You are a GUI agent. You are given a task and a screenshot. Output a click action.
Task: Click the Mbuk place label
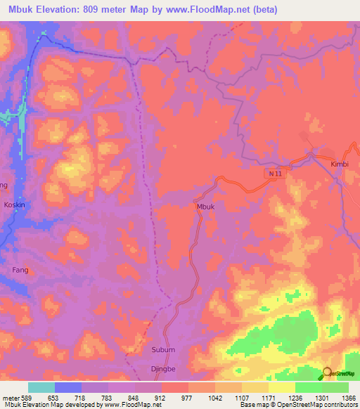205,207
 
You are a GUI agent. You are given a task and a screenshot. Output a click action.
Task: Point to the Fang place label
20,268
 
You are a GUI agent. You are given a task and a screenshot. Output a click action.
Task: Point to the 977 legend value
188,397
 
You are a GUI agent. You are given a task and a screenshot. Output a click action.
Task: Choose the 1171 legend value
268,397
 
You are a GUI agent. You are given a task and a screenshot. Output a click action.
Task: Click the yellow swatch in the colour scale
281,387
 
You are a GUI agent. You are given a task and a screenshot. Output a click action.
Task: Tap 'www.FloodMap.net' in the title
210,10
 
